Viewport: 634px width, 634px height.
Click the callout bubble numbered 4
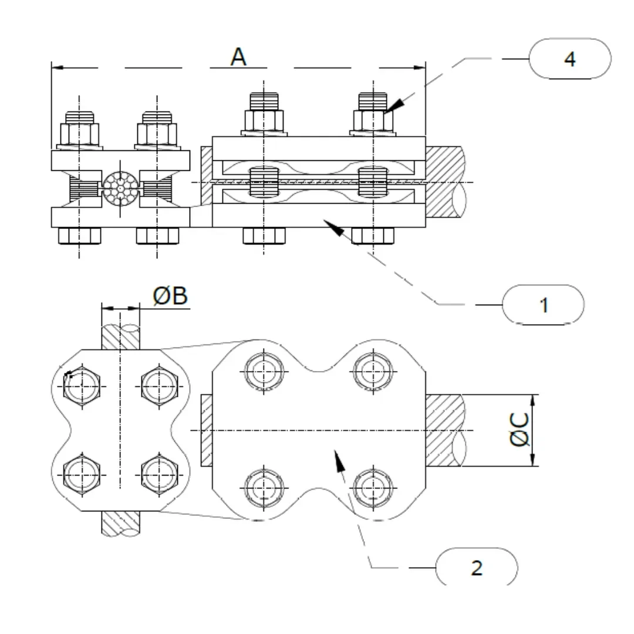pyautogui.click(x=570, y=59)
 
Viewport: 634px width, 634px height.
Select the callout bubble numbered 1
pyautogui.click(x=544, y=305)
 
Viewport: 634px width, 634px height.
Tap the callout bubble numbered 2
pyautogui.click(x=477, y=568)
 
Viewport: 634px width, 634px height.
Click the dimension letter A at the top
pyautogui.click(x=238, y=57)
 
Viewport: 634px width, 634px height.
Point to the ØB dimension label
pyautogui.click(x=170, y=296)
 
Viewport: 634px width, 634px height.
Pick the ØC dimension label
pyautogui.click(x=519, y=430)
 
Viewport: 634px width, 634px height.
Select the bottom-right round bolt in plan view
pyautogui.click(x=372, y=487)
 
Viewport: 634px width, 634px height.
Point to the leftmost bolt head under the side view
pyautogui.click(x=79, y=235)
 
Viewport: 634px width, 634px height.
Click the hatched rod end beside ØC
pyautogui.click(x=446, y=430)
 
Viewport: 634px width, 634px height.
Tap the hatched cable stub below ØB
pyautogui.click(x=120, y=522)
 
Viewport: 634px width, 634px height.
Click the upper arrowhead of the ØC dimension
pyautogui.click(x=533, y=400)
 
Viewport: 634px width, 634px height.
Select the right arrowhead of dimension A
pyautogui.click(x=419, y=68)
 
